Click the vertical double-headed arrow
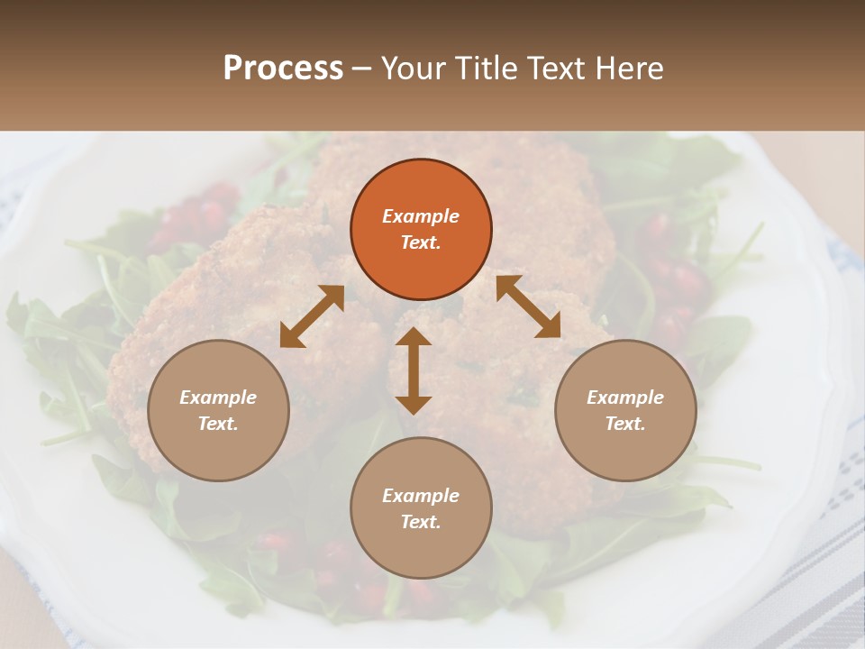[414, 370]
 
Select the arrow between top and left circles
[312, 315]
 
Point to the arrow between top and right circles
[528, 306]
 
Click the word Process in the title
[283, 68]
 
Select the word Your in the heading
[413, 68]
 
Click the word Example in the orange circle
[421, 216]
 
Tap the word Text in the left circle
[218, 424]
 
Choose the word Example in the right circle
[625, 398]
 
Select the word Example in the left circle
[218, 398]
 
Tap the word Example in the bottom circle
[421, 496]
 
